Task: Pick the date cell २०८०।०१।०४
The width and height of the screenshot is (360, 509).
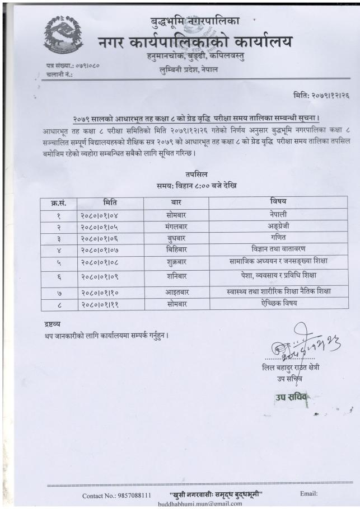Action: coord(110,214)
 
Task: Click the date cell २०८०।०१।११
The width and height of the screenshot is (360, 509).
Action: coord(110,305)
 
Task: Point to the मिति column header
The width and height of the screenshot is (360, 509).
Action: coord(110,202)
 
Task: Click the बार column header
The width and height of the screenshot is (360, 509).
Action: coord(176,202)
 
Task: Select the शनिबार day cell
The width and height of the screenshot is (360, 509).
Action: coord(176,276)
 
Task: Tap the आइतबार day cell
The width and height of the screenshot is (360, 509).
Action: coord(176,293)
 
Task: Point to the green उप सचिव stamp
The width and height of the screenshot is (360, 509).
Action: coord(293,398)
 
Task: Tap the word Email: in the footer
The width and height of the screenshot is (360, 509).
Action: coord(308,494)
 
